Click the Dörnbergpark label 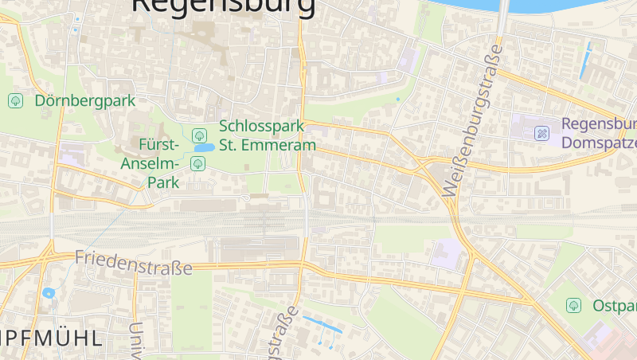[x=84, y=101]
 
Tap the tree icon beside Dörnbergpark [x=15, y=101]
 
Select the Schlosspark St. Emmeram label [x=268, y=135]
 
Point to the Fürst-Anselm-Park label [x=150, y=163]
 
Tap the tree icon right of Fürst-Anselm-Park [x=197, y=164]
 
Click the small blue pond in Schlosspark [x=204, y=147]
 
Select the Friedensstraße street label [x=133, y=262]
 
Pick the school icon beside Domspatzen [x=541, y=133]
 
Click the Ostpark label [x=614, y=306]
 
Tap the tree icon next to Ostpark [x=573, y=305]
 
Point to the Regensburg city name [x=223, y=6]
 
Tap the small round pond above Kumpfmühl [x=49, y=293]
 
